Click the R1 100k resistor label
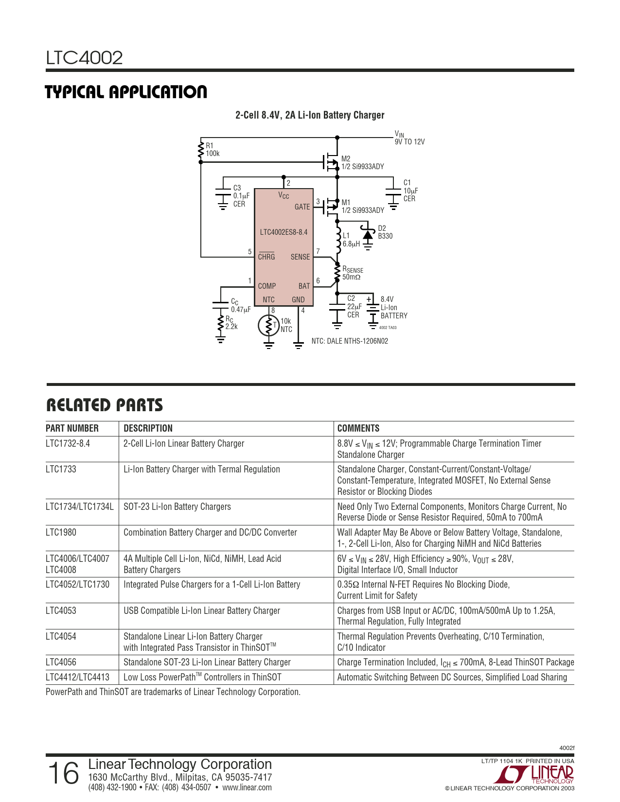[x=213, y=150]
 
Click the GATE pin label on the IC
[x=302, y=207]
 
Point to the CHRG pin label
[x=266, y=257]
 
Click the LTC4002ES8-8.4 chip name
[x=283, y=232]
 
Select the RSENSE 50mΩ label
[x=353, y=273]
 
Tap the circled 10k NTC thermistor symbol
[x=268, y=325]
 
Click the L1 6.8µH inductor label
[x=351, y=240]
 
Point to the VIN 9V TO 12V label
[x=409, y=138]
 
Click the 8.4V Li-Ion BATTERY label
[x=393, y=308]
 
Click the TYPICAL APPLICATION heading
[x=126, y=92]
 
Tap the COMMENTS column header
[x=358, y=428]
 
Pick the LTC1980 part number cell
[x=61, y=532]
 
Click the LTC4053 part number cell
[x=61, y=610]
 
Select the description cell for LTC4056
[x=207, y=662]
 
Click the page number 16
[x=64, y=773]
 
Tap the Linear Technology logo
[x=537, y=773]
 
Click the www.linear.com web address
[x=247, y=787]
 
